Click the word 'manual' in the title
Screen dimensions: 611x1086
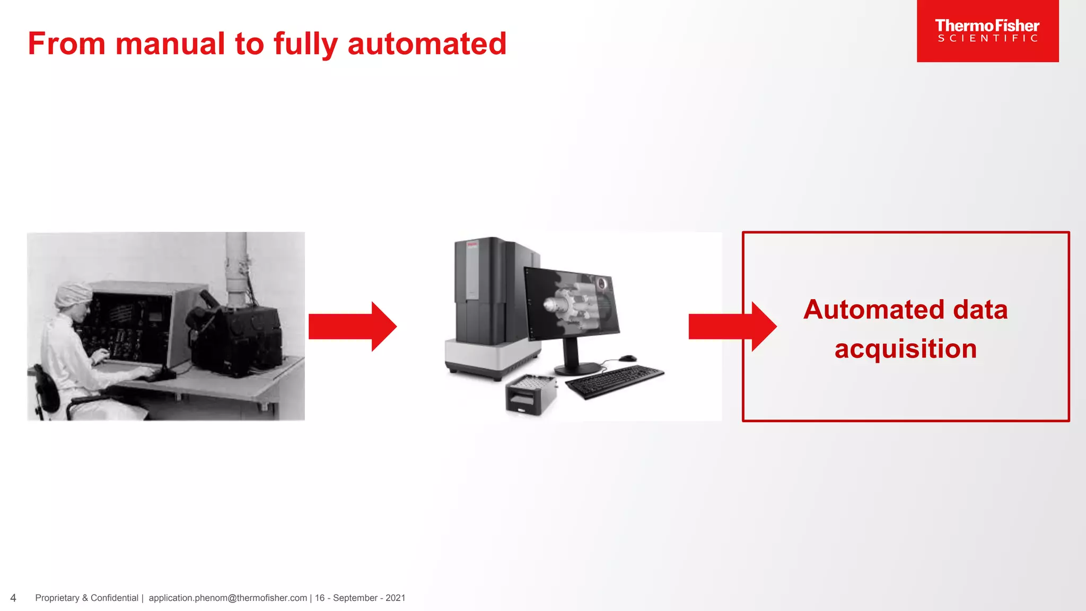[x=170, y=43]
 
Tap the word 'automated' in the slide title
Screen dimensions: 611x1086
[x=427, y=43]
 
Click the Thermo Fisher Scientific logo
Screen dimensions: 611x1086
[x=987, y=31]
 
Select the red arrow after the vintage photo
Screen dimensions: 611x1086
[x=352, y=326]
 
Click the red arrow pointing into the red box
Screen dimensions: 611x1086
[x=732, y=326]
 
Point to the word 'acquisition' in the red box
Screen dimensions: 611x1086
[x=905, y=349]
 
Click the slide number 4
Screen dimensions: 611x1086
[x=13, y=598]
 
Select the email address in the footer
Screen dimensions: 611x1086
[x=227, y=598]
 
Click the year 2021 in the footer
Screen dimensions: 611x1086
[x=395, y=598]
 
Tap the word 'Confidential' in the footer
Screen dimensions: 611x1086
[x=115, y=598]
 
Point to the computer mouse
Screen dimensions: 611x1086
[x=628, y=358]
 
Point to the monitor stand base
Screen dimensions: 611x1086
[x=577, y=368]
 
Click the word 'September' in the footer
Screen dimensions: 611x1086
[x=355, y=598]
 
